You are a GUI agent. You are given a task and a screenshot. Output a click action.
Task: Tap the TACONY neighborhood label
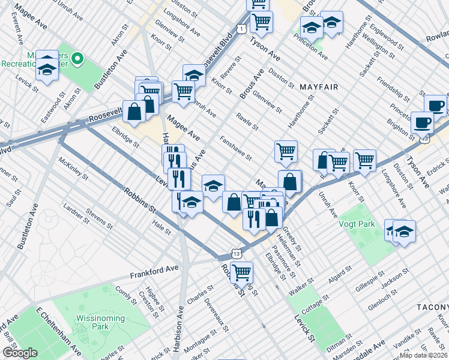[x=432, y=307]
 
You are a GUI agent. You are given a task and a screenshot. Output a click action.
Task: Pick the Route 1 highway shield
[x=241, y=28]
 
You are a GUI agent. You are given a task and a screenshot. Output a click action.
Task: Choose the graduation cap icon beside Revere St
[x=194, y=75]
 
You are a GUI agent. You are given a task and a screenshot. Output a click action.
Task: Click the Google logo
[x=20, y=353]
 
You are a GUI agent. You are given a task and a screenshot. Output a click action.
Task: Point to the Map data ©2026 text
[x=423, y=355]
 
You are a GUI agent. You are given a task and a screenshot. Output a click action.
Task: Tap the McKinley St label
[x=73, y=169]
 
